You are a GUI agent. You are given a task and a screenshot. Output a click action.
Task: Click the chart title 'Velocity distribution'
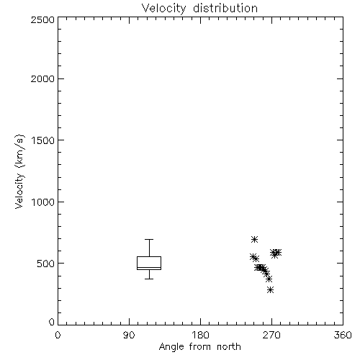(199, 9)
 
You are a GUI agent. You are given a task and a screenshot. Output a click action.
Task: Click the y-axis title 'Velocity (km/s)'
(19, 171)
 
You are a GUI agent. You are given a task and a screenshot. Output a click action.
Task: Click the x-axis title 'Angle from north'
(199, 347)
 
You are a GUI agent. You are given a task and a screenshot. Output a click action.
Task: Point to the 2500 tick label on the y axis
(42, 19)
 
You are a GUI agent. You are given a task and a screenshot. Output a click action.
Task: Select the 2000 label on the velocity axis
(42, 78)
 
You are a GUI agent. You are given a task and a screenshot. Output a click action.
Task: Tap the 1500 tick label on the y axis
(43, 140)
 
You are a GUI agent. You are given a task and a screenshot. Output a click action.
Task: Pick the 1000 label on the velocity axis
(43, 202)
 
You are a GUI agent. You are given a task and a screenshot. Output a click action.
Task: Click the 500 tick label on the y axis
(46, 264)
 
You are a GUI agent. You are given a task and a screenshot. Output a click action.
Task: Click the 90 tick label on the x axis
(129, 335)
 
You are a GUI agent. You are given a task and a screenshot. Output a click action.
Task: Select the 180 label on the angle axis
(200, 335)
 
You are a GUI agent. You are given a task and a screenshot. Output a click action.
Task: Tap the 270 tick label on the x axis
(271, 335)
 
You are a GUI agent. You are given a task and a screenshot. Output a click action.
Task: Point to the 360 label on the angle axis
(343, 335)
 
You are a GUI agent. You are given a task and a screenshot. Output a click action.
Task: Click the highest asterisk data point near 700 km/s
(254, 239)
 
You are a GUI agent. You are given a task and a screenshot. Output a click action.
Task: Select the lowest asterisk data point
(271, 290)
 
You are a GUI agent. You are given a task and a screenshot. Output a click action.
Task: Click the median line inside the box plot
(149, 267)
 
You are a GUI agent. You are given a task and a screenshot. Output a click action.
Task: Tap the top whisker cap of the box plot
(149, 239)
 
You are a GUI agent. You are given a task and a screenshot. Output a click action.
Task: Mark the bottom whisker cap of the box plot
(149, 279)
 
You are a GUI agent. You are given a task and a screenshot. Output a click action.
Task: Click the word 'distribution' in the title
(225, 9)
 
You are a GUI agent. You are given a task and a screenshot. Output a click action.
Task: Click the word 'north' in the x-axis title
(229, 347)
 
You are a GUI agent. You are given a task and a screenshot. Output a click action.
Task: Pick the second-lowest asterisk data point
(269, 279)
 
